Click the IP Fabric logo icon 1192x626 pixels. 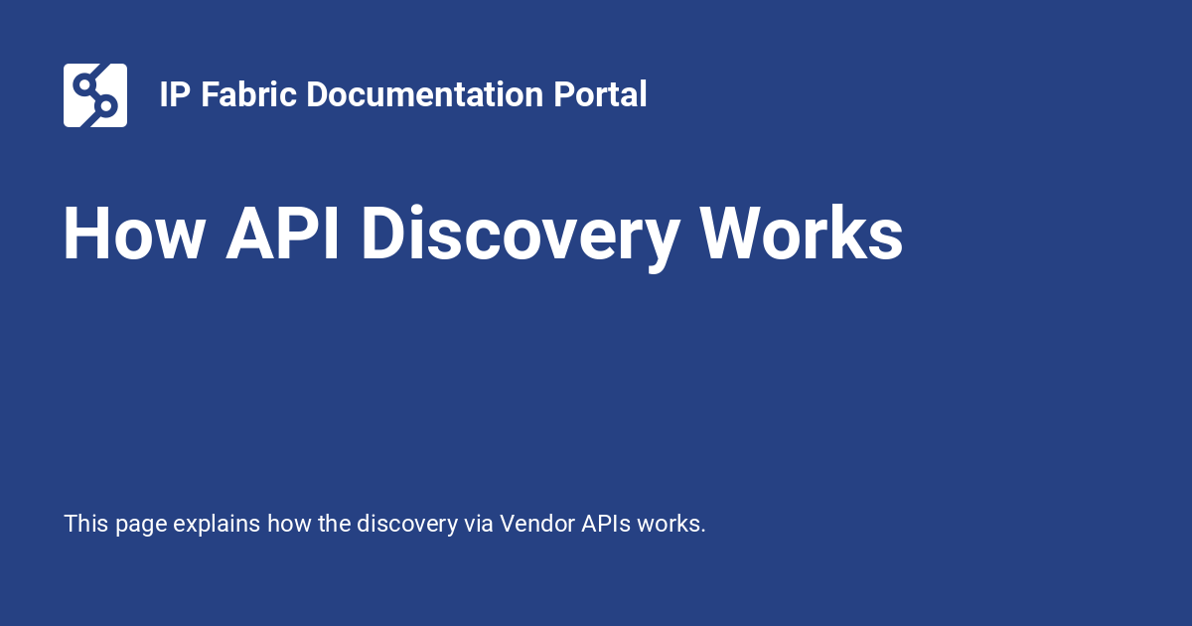pyautogui.click(x=95, y=95)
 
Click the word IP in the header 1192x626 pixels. pyautogui.click(x=175, y=95)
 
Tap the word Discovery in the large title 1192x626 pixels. pyautogui.click(x=520, y=235)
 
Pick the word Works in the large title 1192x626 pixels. pyautogui.click(x=802, y=235)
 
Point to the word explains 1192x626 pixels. pyautogui.click(x=217, y=525)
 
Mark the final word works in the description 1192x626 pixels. pyautogui.click(x=669, y=524)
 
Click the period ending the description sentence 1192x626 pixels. pyautogui.click(x=703, y=531)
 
